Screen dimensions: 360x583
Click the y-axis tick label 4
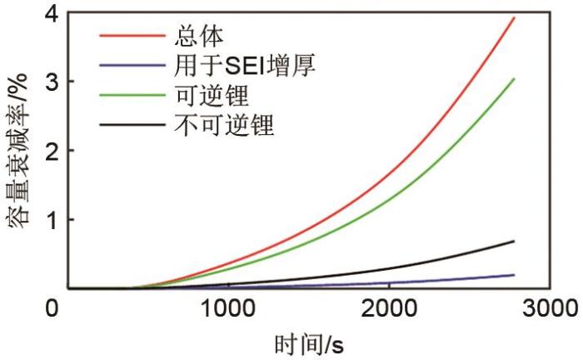[x=52, y=14]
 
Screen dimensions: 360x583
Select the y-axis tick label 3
[x=52, y=82]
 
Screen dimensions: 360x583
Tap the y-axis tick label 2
[x=52, y=151]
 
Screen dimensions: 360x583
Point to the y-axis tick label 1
[x=52, y=220]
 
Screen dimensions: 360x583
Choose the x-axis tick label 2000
[x=389, y=307]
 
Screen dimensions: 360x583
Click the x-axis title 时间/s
[x=307, y=343]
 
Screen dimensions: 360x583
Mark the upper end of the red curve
[x=515, y=17]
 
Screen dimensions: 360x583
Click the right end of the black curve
[x=514, y=241]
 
